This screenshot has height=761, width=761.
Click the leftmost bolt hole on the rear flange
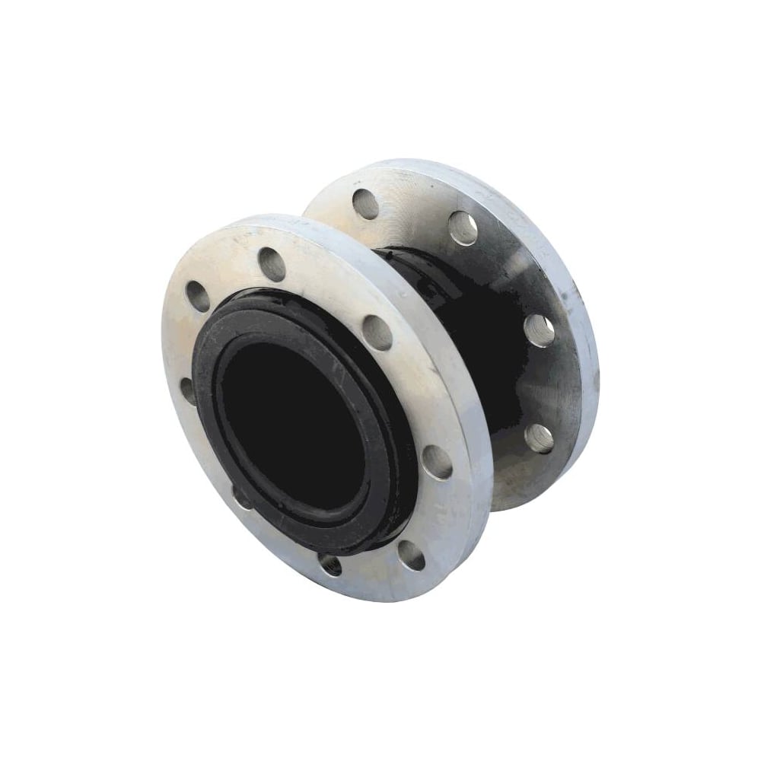coord(364,202)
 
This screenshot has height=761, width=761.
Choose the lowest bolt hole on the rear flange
coord(539,439)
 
